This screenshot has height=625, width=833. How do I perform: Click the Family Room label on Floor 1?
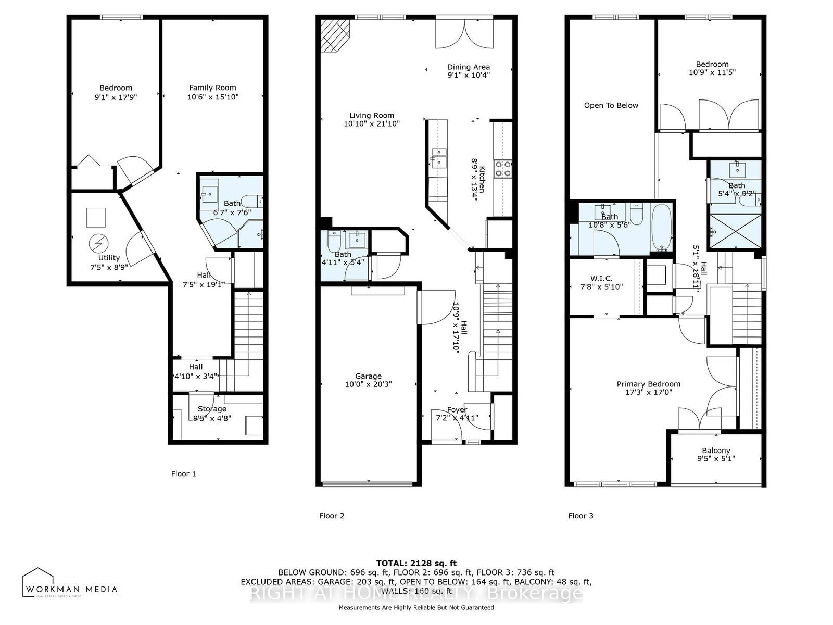point(212,87)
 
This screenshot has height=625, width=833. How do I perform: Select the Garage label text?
point(368,376)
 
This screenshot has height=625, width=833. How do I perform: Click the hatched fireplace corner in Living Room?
point(335,35)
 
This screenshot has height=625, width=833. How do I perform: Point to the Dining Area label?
point(469,67)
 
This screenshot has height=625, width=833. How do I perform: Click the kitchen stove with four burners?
point(503,168)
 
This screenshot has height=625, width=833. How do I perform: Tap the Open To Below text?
point(611,105)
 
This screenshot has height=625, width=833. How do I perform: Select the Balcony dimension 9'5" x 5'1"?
point(716,459)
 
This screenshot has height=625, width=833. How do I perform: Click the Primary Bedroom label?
point(648,384)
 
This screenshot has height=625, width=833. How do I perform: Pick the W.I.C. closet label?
point(601,279)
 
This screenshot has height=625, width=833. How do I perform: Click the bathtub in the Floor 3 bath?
point(662,228)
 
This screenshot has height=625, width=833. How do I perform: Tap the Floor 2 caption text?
point(332,516)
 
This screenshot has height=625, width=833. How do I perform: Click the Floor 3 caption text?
point(580,516)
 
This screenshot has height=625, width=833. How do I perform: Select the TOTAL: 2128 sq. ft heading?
point(416,563)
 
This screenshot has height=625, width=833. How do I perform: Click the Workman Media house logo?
point(38,582)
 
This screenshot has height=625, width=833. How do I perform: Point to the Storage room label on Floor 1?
point(212,409)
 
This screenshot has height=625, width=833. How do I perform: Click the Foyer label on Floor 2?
point(457,409)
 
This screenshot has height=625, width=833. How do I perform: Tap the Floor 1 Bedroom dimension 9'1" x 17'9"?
point(116,97)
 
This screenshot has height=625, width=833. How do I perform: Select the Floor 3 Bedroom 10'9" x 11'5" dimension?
point(712,73)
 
